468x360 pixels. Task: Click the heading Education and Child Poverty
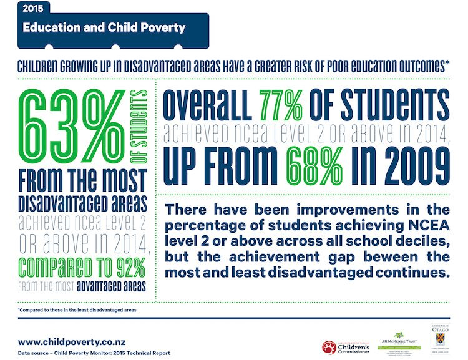[104, 27]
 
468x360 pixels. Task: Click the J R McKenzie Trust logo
[399, 342]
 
